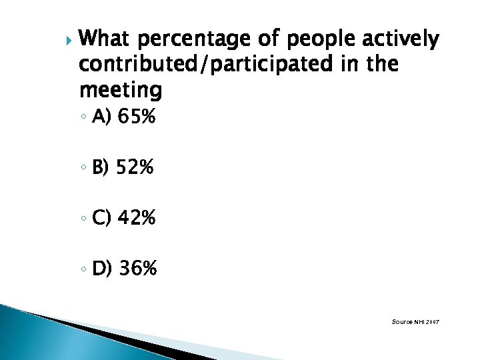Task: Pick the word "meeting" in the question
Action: pos(120,89)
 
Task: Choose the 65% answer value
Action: pos(136,118)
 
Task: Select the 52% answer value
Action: pos(135,168)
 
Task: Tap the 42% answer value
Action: pos(136,218)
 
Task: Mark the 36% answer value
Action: pos(137,269)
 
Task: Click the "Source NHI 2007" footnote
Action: pos(415,322)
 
